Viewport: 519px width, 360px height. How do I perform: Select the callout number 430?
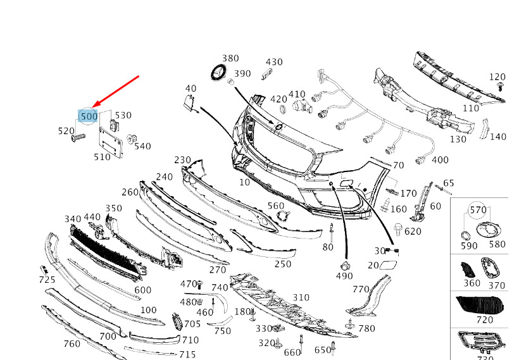pos(274,62)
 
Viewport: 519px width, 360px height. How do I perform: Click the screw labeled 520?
pos(78,137)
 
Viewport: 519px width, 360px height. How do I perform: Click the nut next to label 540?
pos(132,139)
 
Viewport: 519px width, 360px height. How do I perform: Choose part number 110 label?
pos(471,108)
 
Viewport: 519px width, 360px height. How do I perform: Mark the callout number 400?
pos(439,160)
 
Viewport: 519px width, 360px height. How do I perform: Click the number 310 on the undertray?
pos(301,297)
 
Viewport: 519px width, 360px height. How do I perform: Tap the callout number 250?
pos(282,264)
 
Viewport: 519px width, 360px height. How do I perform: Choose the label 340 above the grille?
pos(73,219)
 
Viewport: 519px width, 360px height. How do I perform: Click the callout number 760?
pos(72,344)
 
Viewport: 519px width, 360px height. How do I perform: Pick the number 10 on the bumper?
pos(244,182)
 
